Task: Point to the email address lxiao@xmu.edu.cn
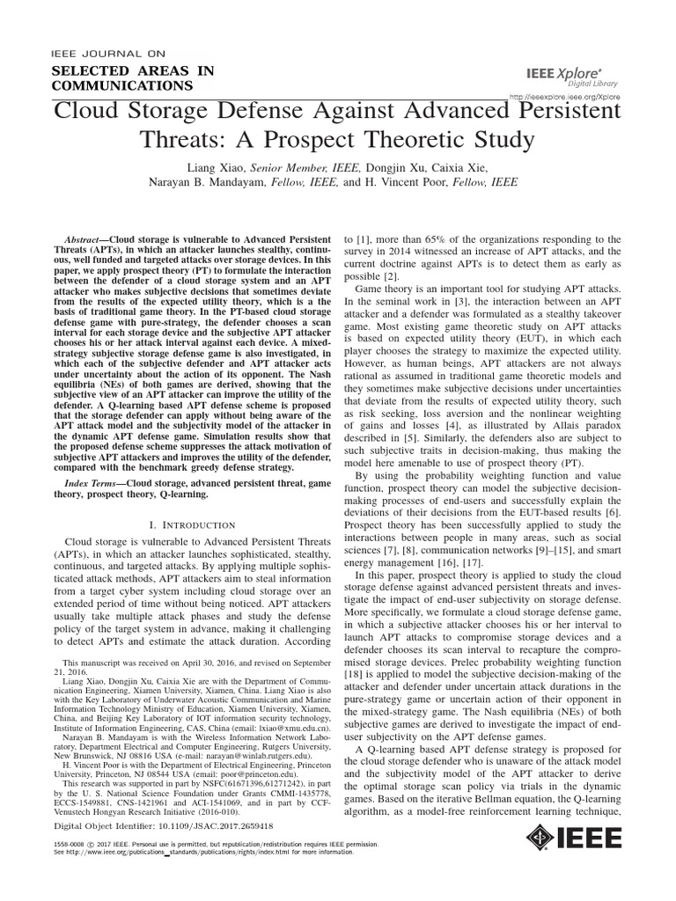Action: click(x=293, y=729)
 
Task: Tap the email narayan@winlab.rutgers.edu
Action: click(x=237, y=755)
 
